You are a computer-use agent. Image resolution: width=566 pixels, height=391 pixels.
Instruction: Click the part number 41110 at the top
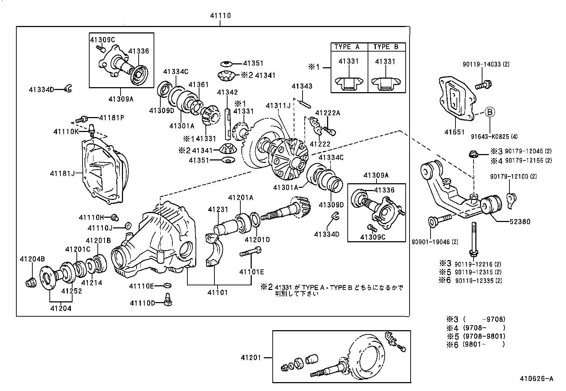(220, 16)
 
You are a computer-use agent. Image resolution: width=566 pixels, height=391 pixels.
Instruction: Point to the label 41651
(454, 132)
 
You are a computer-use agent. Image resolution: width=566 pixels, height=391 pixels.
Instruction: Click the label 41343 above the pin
(302, 86)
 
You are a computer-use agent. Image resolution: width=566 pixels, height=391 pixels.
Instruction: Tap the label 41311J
(278, 106)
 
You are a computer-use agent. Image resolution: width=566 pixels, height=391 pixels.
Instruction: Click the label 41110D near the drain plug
(142, 303)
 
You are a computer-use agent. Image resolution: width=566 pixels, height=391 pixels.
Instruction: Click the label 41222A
(327, 113)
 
